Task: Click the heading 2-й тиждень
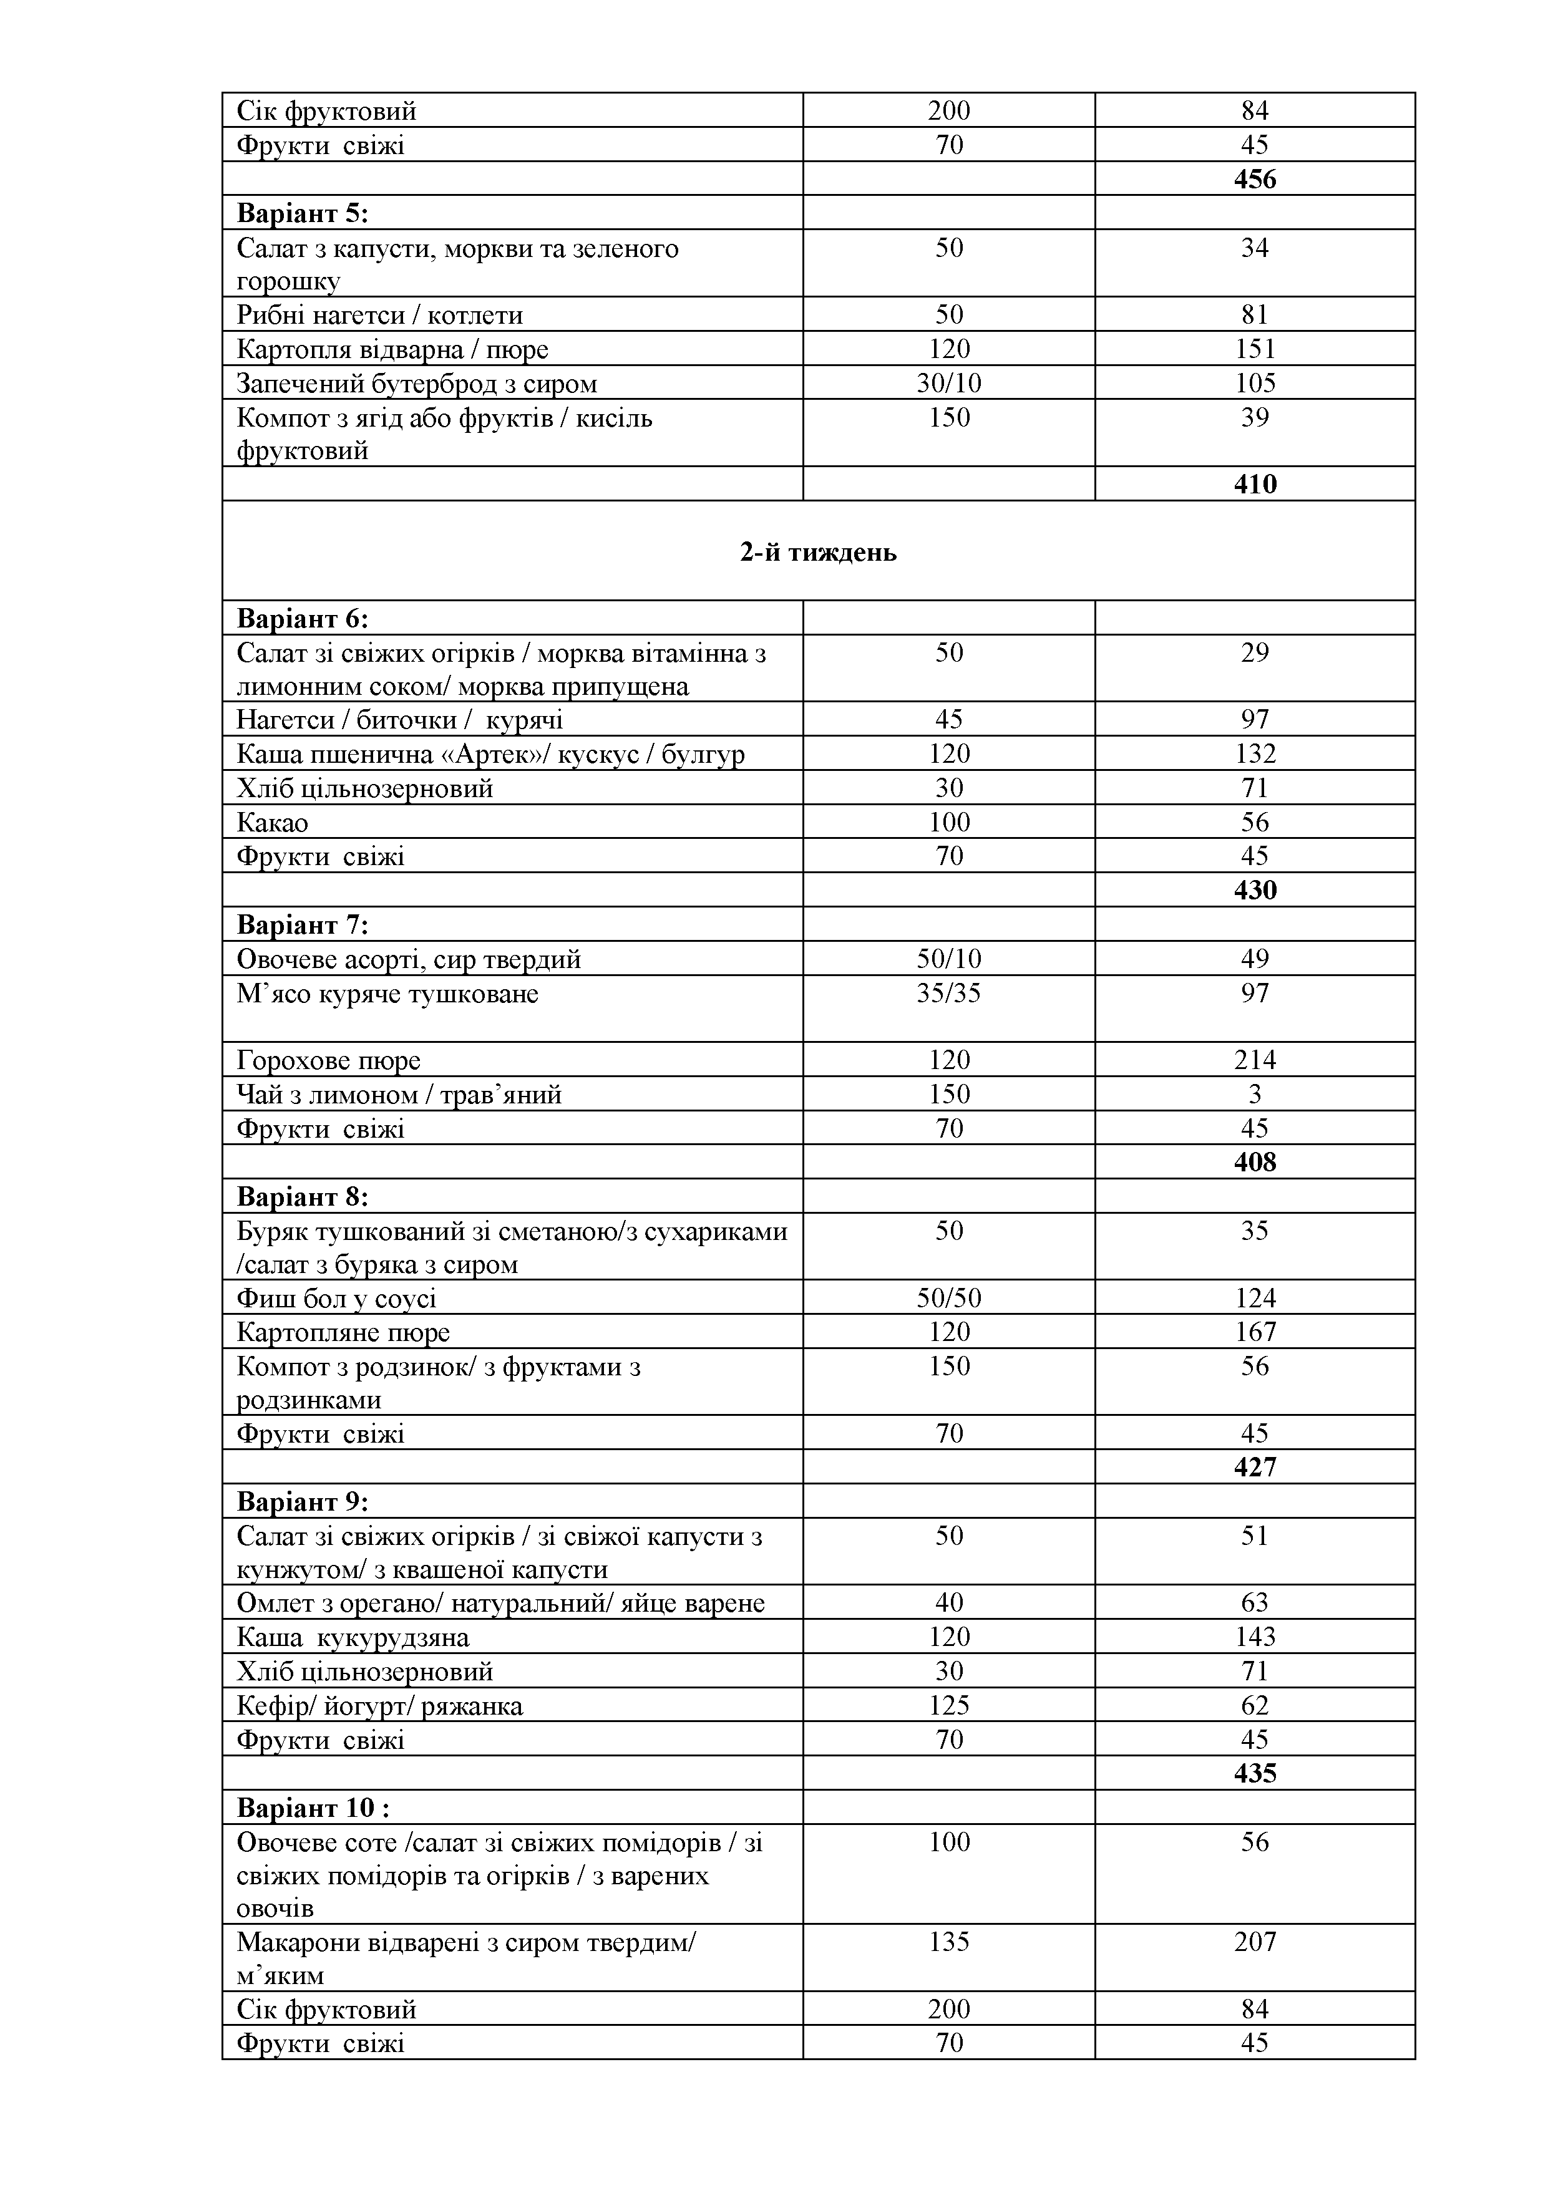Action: [x=818, y=553]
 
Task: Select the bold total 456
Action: [x=1254, y=179]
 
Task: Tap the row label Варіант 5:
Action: [x=302, y=213]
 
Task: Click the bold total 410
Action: [x=1254, y=484]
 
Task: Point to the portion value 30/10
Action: [x=948, y=383]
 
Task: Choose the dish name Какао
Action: [x=273, y=823]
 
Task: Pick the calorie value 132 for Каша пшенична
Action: [x=1254, y=754]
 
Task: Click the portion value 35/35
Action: [x=948, y=994]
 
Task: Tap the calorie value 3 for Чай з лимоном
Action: [x=1254, y=1094]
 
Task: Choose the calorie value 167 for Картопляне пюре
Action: [x=1254, y=1332]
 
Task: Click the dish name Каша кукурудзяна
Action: [x=353, y=1638]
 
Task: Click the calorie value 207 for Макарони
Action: [x=1254, y=1942]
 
